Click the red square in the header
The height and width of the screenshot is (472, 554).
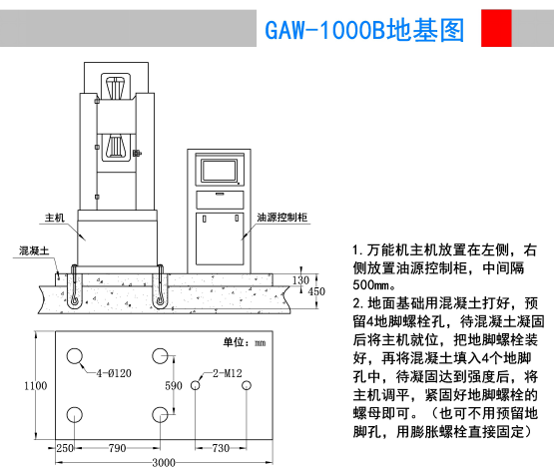pyautogui.click(x=496, y=28)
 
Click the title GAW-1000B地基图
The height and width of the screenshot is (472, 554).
pyautogui.click(x=364, y=30)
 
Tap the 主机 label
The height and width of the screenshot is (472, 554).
pyautogui.click(x=55, y=218)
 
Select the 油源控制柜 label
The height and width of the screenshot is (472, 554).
pyautogui.click(x=281, y=218)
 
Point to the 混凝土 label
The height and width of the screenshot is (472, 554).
pyautogui.click(x=34, y=250)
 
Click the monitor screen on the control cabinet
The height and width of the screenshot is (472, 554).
pyautogui.click(x=219, y=171)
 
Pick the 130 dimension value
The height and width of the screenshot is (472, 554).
pyautogui.click(x=300, y=280)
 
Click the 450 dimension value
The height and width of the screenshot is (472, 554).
pyautogui.click(x=316, y=291)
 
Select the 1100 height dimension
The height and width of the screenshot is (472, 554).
pyautogui.click(x=35, y=385)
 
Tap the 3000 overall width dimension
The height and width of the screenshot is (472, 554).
pyautogui.click(x=164, y=462)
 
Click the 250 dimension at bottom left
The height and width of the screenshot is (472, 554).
pyautogui.click(x=65, y=448)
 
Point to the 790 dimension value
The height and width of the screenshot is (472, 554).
pyautogui.click(x=118, y=448)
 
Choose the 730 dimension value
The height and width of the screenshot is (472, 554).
pyautogui.click(x=221, y=448)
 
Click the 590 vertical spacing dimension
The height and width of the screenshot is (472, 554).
pyautogui.click(x=174, y=385)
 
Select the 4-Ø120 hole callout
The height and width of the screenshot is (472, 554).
pyautogui.click(x=114, y=373)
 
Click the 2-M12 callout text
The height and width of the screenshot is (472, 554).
pyautogui.click(x=228, y=373)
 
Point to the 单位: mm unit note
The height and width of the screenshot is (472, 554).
pyautogui.click(x=245, y=342)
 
